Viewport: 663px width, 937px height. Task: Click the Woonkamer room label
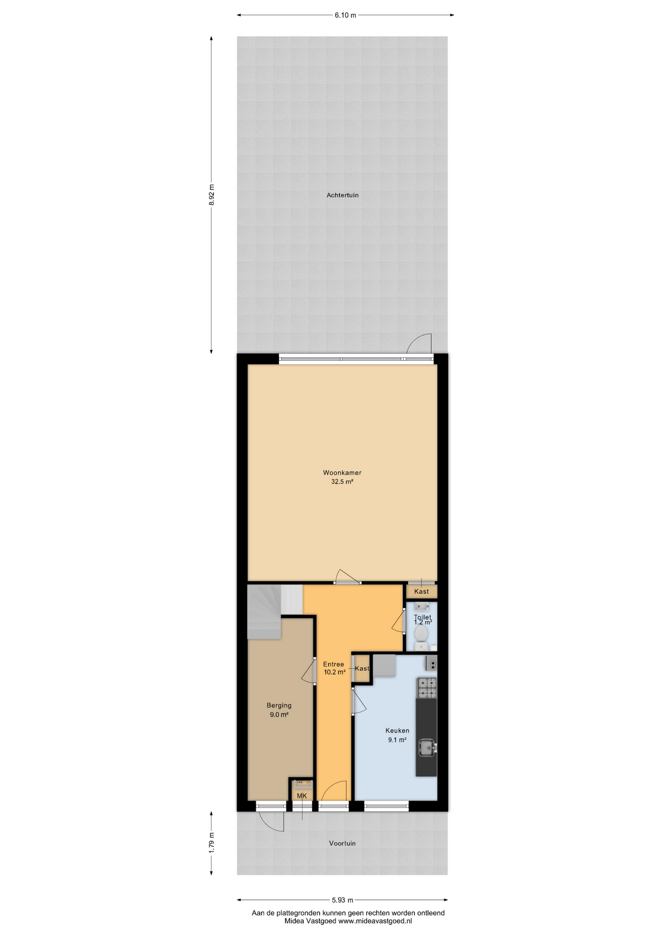(x=342, y=472)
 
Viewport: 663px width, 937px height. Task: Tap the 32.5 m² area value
(x=342, y=482)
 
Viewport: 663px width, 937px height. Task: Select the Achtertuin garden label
(x=342, y=195)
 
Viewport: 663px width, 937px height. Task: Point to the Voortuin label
(x=342, y=843)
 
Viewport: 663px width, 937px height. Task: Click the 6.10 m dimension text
(x=345, y=15)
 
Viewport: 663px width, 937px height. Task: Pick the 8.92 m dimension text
(x=211, y=195)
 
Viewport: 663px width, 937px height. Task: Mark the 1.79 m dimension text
(x=211, y=843)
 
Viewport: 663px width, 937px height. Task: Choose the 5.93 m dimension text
(x=342, y=900)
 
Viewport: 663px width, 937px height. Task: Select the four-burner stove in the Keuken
(x=426, y=688)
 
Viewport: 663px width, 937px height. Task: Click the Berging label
(x=279, y=705)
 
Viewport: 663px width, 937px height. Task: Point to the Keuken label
(x=397, y=731)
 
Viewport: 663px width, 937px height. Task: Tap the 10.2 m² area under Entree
(x=334, y=672)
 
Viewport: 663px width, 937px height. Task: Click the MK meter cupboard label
(x=302, y=796)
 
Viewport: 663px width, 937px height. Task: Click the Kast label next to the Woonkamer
(x=421, y=591)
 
